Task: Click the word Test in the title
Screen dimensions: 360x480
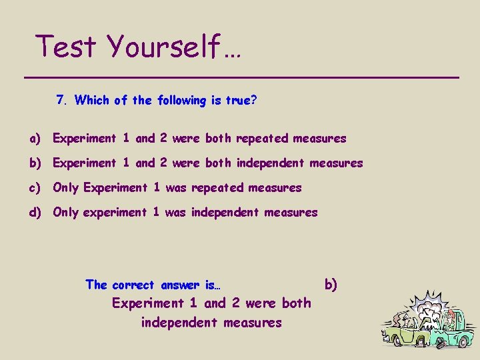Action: click(x=67, y=47)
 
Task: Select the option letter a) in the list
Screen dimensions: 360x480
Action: click(x=35, y=139)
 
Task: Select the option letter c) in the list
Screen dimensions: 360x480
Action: click(x=35, y=188)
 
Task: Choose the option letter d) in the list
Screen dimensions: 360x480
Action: click(x=35, y=213)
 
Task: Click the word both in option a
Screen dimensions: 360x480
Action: click(x=218, y=139)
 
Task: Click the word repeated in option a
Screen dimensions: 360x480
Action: click(x=262, y=139)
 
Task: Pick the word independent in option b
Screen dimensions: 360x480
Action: click(x=274, y=163)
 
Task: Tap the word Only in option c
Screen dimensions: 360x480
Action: click(x=66, y=188)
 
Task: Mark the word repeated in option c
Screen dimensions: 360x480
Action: click(x=217, y=188)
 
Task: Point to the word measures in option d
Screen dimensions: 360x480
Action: click(x=291, y=213)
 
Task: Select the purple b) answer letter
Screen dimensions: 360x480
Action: click(x=331, y=285)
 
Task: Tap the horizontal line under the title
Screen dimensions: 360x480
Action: click(x=241, y=78)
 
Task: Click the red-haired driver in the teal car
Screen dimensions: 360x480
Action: click(x=453, y=319)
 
